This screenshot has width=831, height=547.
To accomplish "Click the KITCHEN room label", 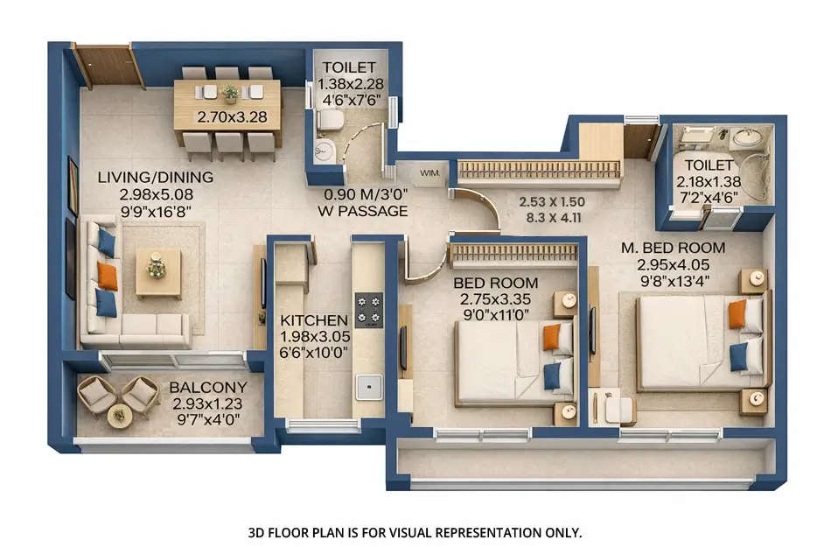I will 314,320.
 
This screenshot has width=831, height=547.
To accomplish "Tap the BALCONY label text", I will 208,387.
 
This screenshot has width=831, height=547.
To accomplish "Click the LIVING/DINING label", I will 155,178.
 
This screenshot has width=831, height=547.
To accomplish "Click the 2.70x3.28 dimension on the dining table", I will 227,116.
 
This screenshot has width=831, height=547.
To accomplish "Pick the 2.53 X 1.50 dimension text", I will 552,201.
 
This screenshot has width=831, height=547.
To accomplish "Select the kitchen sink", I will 369,382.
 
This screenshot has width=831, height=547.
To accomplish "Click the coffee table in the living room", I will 157,272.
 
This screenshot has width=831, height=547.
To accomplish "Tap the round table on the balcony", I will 120,415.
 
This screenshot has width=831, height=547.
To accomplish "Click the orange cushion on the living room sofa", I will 108,276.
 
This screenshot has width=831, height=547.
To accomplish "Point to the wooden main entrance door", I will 108,66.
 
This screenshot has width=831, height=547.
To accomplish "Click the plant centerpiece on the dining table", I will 230,93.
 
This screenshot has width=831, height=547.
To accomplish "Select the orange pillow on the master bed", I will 737,313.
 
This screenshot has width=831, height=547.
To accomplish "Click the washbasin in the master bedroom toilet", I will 746,137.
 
